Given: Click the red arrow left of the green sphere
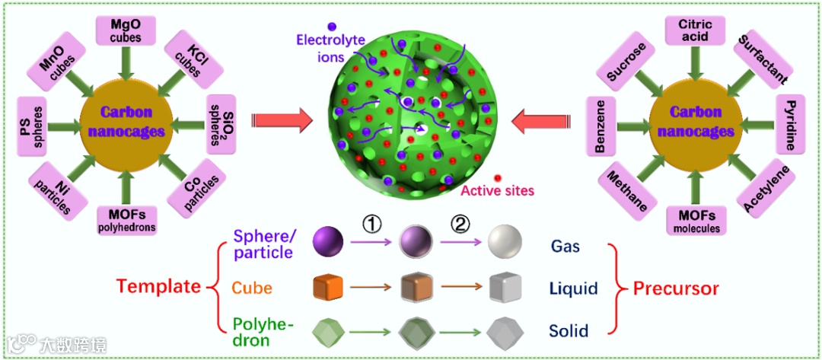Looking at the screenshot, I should (281, 119).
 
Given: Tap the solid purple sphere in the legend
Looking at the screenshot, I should (328, 243).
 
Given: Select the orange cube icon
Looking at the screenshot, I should (328, 288).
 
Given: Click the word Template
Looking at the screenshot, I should (158, 287).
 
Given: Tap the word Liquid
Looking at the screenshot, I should (572, 288).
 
